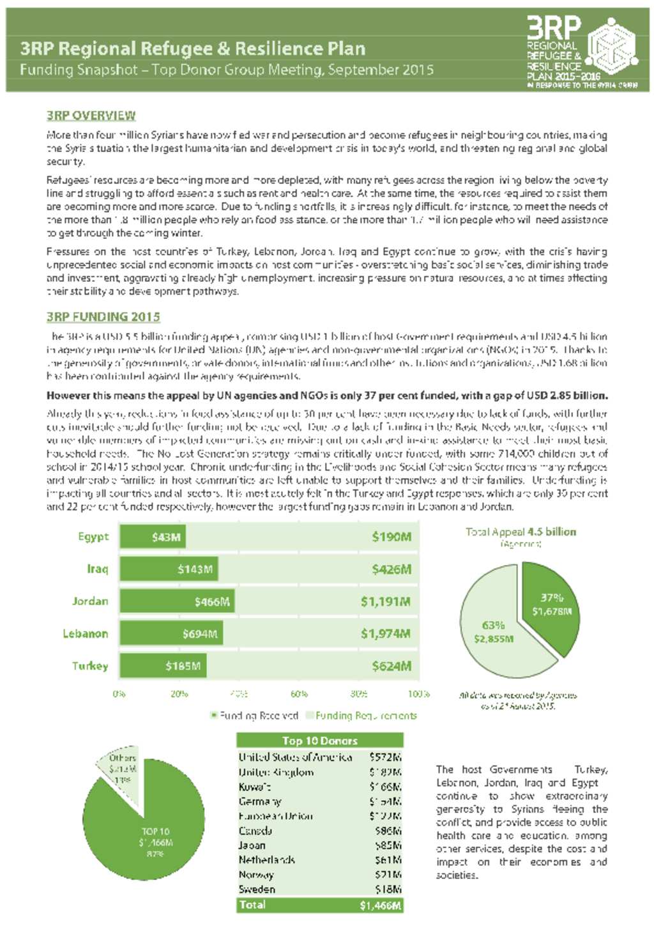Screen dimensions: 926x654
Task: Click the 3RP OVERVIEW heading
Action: coord(91,116)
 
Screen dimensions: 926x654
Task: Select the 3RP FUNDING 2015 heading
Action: coord(103,317)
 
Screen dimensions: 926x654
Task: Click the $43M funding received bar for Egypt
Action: coord(153,537)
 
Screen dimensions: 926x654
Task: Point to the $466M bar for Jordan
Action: coord(177,601)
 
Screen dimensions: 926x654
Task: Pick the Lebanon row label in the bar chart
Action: coord(85,634)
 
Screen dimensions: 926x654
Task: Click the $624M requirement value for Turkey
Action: coord(392,666)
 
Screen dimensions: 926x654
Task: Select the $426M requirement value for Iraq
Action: coord(392,569)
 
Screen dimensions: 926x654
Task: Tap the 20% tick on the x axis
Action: coord(179,693)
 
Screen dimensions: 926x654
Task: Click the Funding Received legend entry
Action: coord(254,716)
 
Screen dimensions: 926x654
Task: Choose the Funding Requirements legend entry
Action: coord(361,716)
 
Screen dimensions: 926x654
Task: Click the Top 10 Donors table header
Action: coord(319,741)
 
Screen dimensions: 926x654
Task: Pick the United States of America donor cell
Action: coord(295,757)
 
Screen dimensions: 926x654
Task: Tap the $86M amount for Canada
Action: coord(388,831)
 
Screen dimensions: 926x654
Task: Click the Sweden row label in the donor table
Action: coord(257,890)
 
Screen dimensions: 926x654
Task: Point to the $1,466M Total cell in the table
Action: coord(381,905)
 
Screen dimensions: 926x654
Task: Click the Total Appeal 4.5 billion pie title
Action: coord(521,532)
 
